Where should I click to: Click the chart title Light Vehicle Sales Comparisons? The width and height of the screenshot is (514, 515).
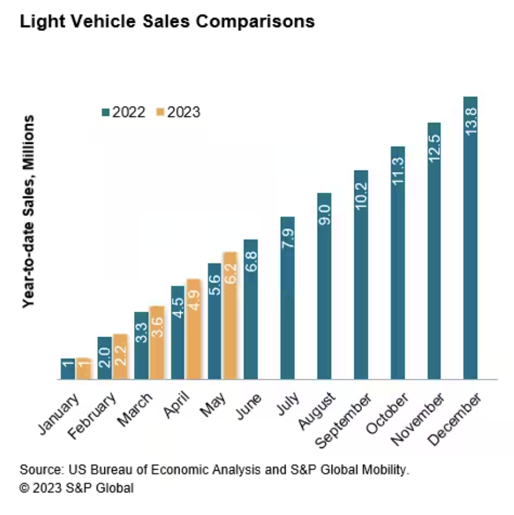[x=167, y=22]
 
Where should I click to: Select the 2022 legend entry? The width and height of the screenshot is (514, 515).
[x=124, y=112]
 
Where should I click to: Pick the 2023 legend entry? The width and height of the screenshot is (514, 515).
[x=178, y=112]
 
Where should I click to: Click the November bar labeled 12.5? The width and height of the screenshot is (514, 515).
[x=434, y=251]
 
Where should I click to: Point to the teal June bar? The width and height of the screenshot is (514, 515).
[x=251, y=309]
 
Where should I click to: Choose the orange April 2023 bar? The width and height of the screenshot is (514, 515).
[x=193, y=329]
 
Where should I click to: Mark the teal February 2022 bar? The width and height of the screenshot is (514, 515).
[x=105, y=358]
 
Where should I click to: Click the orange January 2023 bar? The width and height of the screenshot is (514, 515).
[x=83, y=369]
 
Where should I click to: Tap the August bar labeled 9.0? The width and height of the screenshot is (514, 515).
[x=324, y=286]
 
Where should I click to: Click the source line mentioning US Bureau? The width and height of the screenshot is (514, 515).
[x=214, y=470]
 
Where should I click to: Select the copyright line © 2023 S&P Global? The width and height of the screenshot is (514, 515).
[x=76, y=488]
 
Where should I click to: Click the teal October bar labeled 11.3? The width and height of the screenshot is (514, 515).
[x=397, y=263]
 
